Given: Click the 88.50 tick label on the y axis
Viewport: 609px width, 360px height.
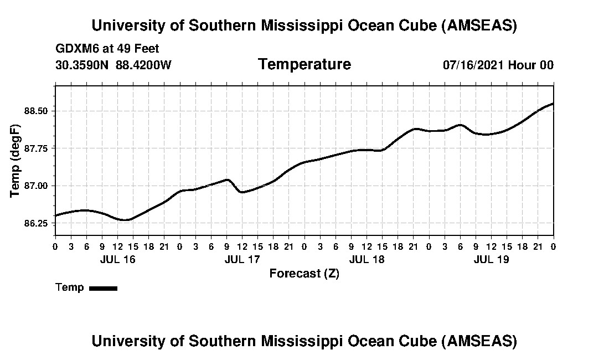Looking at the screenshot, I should coord(36,111).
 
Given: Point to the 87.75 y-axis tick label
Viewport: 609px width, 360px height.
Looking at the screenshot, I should coord(36,148).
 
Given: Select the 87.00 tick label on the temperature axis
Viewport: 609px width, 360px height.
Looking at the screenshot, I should coord(36,186).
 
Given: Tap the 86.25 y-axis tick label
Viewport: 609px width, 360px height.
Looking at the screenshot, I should coord(36,223).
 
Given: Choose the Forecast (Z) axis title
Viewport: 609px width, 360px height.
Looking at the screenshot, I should coord(304,273).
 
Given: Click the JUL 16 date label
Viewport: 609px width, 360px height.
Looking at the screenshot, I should coord(117,259).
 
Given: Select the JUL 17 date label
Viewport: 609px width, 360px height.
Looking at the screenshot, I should coord(242,259).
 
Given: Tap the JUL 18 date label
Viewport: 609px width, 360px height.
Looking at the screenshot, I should coord(367,259).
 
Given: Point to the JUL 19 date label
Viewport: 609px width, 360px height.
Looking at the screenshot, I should coord(491,259).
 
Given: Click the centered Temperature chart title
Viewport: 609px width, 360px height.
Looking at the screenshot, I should coord(304,64).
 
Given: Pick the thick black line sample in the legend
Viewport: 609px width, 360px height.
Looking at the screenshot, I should coord(103,288).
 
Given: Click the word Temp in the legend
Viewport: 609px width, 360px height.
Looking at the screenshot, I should coord(70,287).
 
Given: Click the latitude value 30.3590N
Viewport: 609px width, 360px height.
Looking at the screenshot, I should coord(82,65).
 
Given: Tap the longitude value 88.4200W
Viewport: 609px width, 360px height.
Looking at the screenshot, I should coord(143,65).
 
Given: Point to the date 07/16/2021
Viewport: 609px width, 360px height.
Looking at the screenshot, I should coord(473,65).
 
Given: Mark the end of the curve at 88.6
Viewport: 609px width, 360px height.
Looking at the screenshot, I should coord(553,104).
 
